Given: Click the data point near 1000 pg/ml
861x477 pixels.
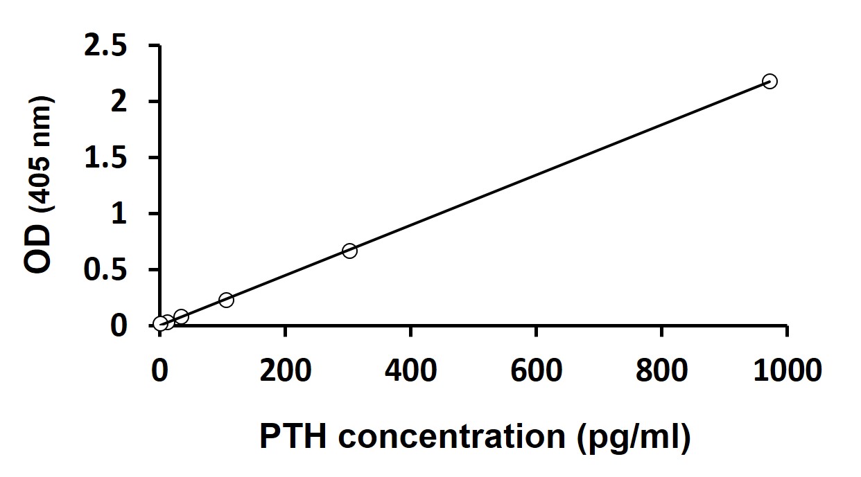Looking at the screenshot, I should coord(769,81).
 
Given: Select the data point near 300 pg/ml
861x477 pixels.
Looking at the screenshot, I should coord(349,251).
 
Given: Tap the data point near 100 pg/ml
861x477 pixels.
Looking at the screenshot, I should coord(226,300).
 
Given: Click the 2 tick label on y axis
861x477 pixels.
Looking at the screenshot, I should coord(120,102).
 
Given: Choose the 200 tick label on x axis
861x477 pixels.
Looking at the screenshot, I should coord(285,371).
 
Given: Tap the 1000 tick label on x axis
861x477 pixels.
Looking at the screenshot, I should coord(787,371).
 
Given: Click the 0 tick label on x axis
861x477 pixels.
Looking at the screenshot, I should coord(160,371).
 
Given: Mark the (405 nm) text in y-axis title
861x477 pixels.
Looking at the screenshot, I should coord(40,155).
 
